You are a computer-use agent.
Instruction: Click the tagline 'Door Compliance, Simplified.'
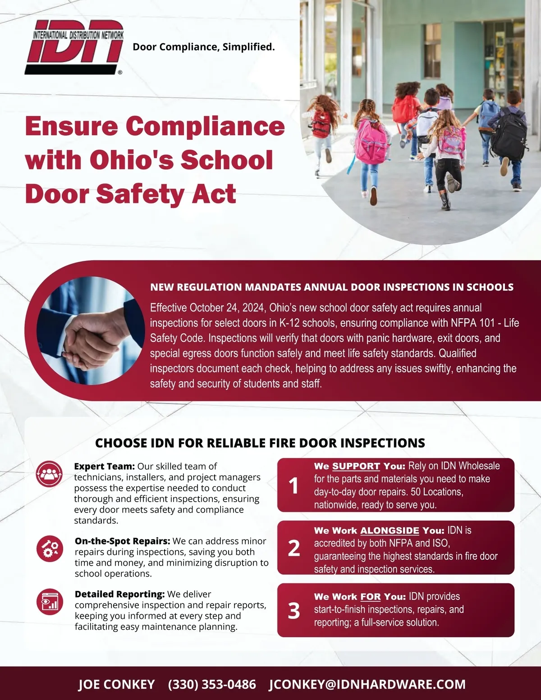(x=204, y=47)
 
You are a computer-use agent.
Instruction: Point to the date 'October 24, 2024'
(x=227, y=308)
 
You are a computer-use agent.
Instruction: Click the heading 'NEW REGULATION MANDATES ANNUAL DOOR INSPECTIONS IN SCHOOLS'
(x=332, y=287)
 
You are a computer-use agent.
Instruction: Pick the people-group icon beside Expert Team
(x=50, y=474)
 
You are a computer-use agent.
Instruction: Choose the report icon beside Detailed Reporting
(x=50, y=602)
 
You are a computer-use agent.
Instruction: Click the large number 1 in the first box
(x=294, y=485)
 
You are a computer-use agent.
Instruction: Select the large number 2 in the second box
(x=294, y=548)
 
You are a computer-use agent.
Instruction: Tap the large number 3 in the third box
(x=294, y=610)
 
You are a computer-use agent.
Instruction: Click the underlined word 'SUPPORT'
(x=356, y=467)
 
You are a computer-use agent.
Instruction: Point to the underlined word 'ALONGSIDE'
(x=390, y=531)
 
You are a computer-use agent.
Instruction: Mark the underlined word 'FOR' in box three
(x=371, y=597)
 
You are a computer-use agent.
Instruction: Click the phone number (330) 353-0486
(x=212, y=684)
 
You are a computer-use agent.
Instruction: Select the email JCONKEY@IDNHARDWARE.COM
(x=367, y=684)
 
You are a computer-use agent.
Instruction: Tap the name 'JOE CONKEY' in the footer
(x=116, y=684)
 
